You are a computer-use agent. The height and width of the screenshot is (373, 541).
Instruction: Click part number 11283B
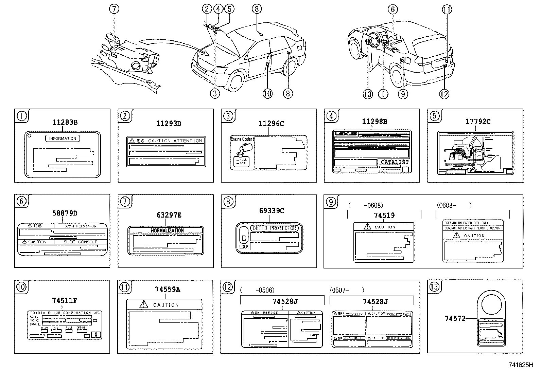65,123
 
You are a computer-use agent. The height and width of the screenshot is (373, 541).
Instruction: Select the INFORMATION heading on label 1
63,138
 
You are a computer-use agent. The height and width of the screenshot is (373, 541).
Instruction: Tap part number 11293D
169,124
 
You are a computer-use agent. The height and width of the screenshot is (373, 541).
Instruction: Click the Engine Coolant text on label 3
242,139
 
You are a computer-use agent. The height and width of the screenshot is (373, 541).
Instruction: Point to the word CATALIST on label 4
395,162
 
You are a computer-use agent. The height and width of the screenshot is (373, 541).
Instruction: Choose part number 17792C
478,122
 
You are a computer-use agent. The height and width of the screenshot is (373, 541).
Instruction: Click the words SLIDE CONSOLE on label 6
81,242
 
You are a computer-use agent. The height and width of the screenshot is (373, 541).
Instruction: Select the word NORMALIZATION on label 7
167,230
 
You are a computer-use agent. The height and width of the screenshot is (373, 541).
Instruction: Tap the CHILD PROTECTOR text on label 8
275,228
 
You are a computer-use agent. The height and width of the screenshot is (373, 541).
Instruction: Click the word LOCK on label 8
244,247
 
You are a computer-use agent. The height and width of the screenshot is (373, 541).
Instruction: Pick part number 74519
384,215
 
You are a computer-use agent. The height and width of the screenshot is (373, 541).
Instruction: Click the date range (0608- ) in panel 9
454,205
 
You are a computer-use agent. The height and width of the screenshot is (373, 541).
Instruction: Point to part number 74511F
65,300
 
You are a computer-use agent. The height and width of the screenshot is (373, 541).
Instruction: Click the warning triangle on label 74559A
144,304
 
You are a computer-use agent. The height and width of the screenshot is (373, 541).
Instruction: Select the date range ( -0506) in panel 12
257,290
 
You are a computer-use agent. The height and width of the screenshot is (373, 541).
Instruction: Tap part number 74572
455,318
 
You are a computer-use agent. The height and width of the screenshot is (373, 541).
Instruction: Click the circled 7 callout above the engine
114,9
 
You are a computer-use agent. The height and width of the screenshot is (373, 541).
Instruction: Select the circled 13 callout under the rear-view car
368,94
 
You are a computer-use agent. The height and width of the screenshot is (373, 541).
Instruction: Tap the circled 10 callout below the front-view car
267,94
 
